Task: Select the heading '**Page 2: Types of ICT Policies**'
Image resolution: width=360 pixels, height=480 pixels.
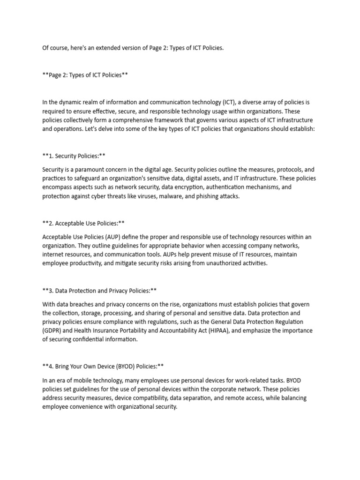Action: (85, 75)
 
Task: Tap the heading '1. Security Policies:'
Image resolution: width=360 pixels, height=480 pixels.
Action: (75, 155)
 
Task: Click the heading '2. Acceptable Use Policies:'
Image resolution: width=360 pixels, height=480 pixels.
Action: (83, 223)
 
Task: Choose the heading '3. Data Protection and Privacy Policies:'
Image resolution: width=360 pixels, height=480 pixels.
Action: (102, 291)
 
